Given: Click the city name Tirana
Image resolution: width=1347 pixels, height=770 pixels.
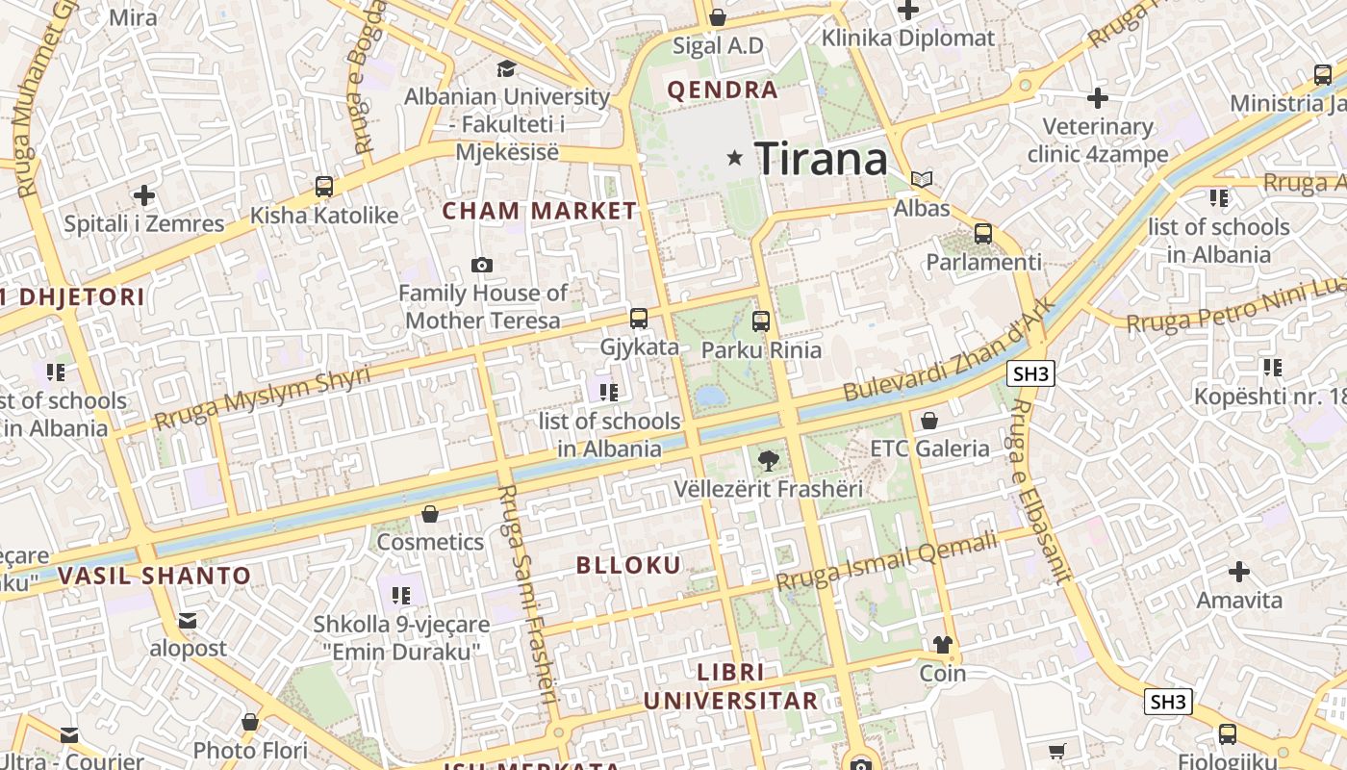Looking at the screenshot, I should [821, 158].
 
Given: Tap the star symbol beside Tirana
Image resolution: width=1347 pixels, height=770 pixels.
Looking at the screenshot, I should [735, 157].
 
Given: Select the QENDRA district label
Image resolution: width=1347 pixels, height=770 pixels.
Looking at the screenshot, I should [722, 90].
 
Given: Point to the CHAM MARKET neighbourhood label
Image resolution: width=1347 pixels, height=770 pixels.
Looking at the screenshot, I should [539, 211].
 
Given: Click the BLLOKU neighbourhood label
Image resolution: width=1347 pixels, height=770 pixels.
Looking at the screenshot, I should [628, 565].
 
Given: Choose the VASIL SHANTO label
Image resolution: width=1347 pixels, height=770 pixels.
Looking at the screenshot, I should [154, 577].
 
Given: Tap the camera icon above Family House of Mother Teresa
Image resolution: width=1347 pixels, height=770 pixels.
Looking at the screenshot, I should [482, 265].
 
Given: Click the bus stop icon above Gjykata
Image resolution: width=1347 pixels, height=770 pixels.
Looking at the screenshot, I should [639, 319].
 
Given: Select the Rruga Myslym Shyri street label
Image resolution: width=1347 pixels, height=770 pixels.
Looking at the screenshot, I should [262, 398].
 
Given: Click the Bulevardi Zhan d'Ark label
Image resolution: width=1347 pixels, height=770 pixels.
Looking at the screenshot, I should [949, 352].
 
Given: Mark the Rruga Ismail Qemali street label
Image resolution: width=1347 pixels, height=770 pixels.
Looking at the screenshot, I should [887, 562].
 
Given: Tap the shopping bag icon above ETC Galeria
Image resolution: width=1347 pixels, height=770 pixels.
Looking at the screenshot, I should [929, 421].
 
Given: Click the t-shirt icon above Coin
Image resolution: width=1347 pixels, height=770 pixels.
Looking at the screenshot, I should [942, 645].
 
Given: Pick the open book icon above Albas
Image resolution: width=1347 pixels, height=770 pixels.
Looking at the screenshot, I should [922, 179].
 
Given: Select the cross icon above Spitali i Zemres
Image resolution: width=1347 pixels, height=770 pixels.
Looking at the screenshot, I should [144, 195].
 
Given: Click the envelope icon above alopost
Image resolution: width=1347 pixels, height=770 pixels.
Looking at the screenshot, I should [188, 621].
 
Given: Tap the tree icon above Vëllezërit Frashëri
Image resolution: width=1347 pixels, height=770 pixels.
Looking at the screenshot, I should [768, 460].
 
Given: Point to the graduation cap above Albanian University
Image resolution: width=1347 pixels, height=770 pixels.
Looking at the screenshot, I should [506, 68].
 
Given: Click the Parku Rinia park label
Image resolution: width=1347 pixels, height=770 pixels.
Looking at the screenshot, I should [761, 349].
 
